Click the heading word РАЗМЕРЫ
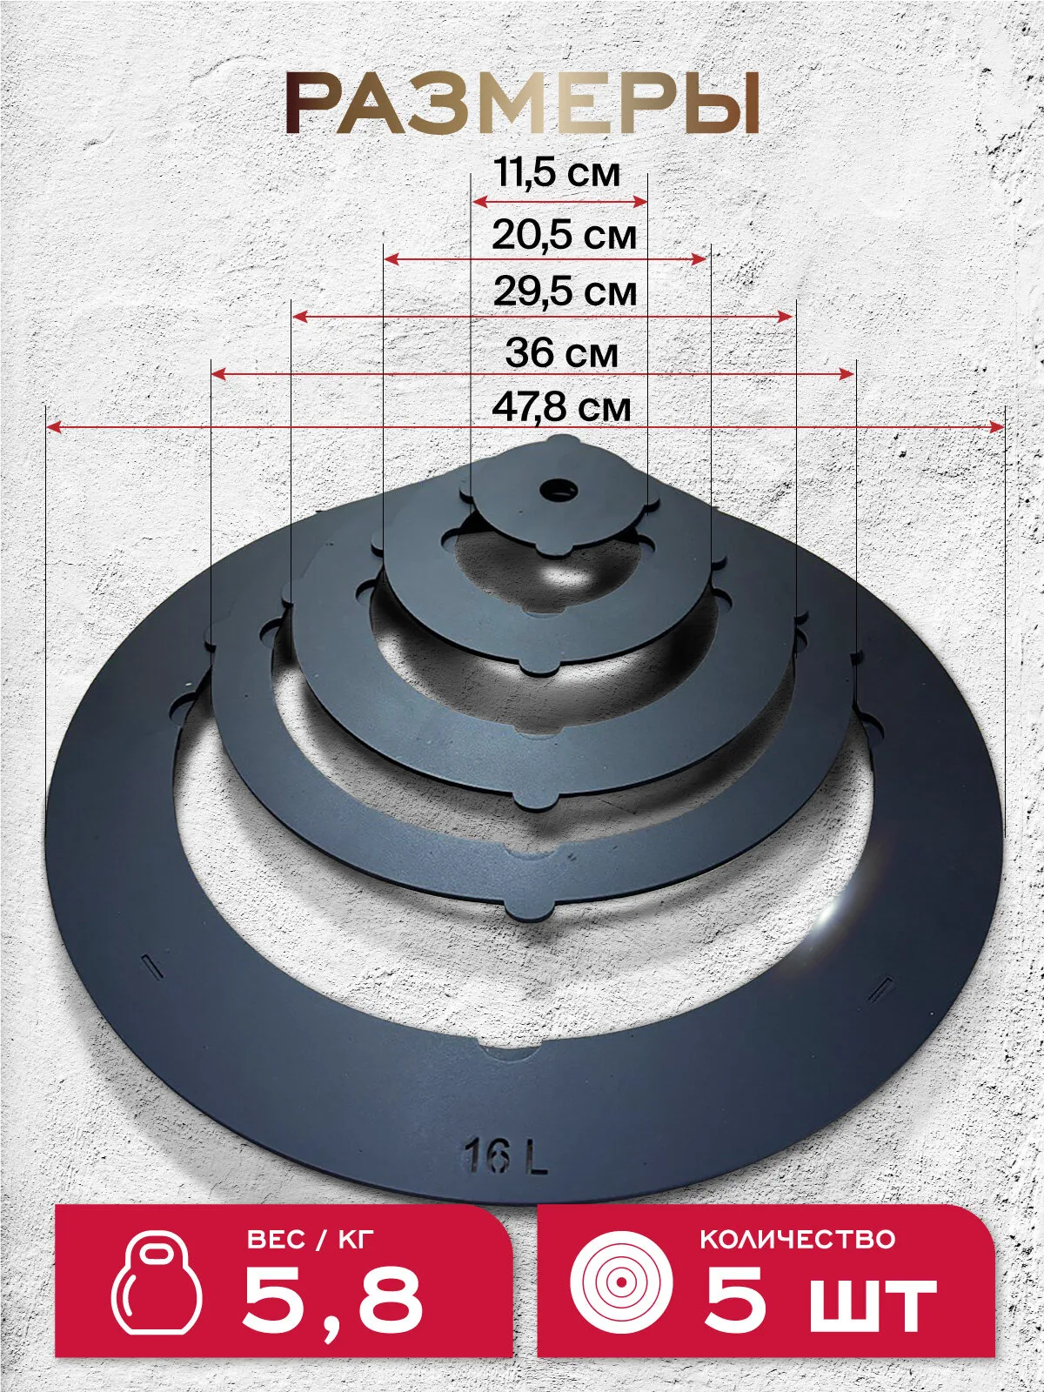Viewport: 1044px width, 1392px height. tap(523, 104)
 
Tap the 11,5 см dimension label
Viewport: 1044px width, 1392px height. tap(557, 172)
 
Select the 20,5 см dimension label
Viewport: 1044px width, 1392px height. tap(564, 235)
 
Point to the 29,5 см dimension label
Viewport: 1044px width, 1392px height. tap(565, 292)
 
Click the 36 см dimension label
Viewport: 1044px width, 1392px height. tap(562, 352)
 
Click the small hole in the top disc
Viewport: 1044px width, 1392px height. tap(558, 488)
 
